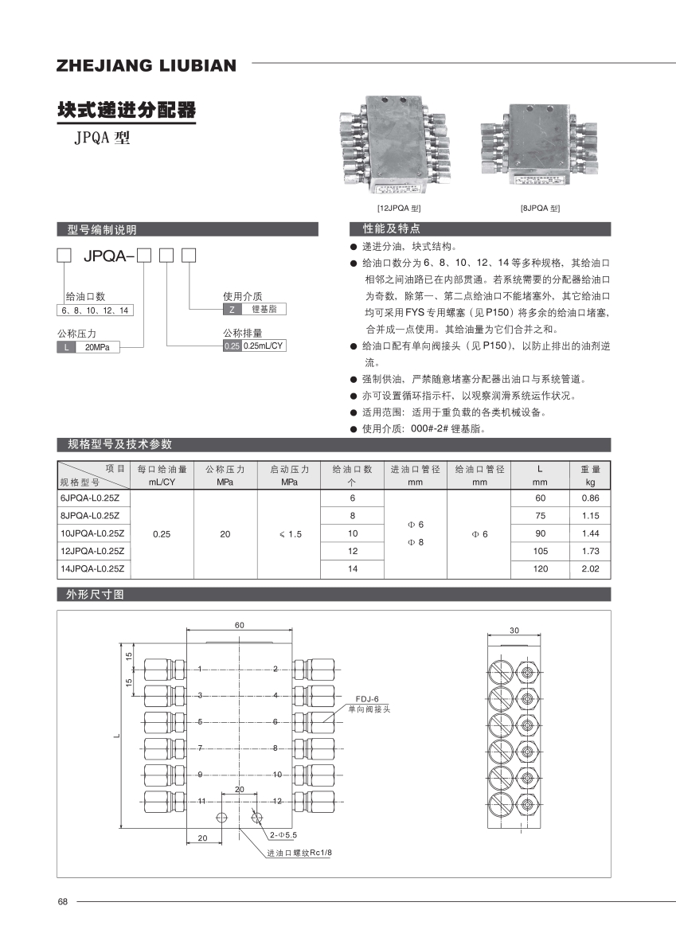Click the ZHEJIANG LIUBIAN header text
(146, 65)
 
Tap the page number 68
(63, 902)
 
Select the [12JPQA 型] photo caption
(399, 208)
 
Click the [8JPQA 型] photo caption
(541, 208)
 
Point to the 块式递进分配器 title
(126, 110)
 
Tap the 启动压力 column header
(289, 470)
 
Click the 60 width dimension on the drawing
(239, 626)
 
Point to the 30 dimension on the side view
(514, 630)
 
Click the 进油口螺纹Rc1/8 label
(299, 852)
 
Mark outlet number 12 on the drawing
(277, 800)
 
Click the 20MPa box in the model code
(97, 347)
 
